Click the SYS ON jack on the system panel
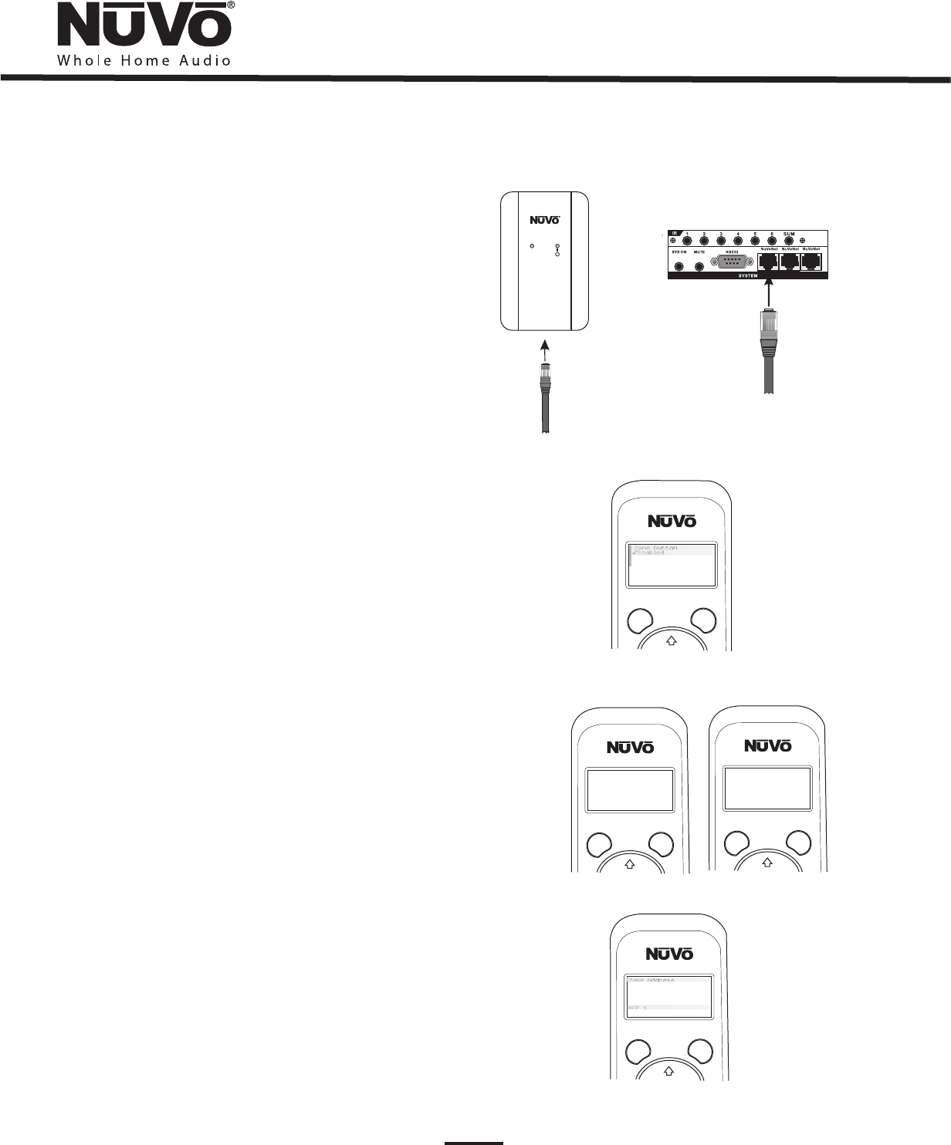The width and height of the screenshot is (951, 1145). [x=679, y=267]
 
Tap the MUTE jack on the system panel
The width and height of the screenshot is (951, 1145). [x=699, y=267]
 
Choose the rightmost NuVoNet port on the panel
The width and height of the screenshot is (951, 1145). [x=811, y=261]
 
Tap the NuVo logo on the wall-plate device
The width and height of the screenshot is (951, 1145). [x=544, y=219]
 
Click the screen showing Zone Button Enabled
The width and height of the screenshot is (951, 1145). [x=671, y=564]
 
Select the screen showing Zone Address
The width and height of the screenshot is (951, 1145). [x=668, y=996]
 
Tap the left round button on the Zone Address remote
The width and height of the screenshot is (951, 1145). [x=638, y=1052]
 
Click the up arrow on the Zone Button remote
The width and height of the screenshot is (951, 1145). [x=671, y=640]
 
